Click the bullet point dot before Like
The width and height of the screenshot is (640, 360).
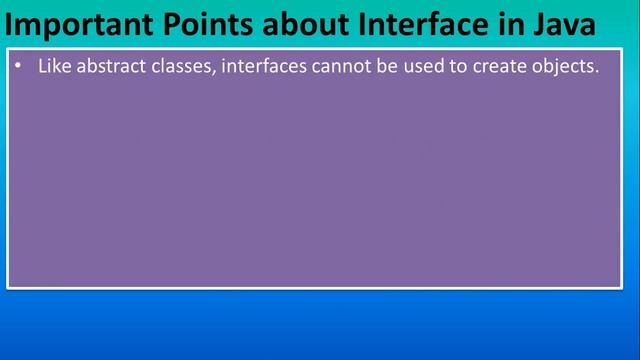click(19, 68)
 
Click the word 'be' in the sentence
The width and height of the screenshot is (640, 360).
click(392, 67)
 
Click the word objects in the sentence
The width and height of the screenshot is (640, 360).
click(567, 67)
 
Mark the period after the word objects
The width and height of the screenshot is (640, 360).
click(597, 73)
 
